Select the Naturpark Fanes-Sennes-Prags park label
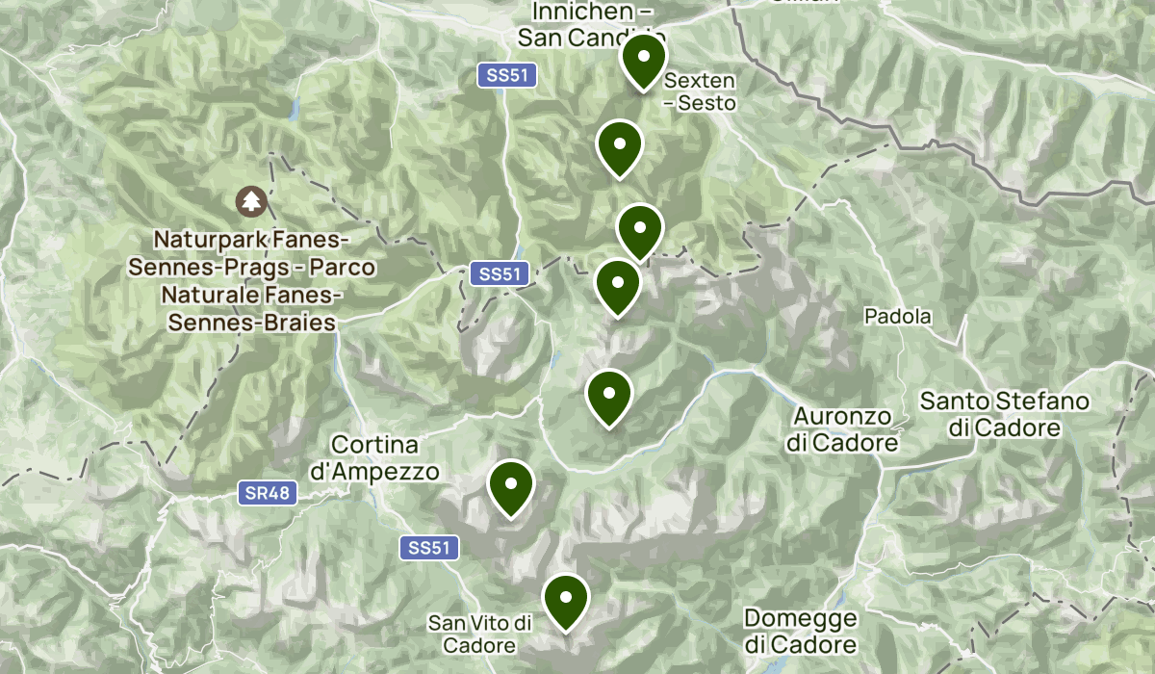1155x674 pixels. (x=252, y=280)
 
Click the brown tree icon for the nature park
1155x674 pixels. (x=251, y=201)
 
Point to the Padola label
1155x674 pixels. (x=897, y=316)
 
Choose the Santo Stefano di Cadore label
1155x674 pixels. (x=1004, y=414)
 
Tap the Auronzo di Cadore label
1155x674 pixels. (x=842, y=429)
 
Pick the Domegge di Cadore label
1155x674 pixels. (x=799, y=632)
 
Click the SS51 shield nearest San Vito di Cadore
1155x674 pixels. (x=429, y=548)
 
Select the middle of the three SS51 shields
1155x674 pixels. (x=500, y=274)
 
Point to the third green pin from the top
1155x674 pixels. (x=639, y=230)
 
